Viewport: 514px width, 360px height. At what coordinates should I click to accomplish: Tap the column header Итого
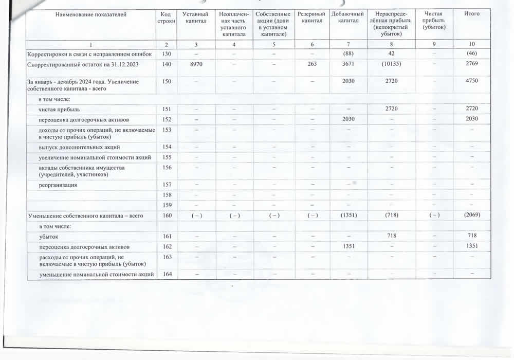tap(471, 14)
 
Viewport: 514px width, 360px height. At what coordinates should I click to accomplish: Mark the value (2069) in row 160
tap(471, 215)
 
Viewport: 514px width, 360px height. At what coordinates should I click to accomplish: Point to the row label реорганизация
tap(58, 185)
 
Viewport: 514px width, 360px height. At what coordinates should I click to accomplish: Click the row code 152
tap(167, 119)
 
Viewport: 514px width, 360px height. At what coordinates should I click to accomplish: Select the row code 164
tap(167, 274)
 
